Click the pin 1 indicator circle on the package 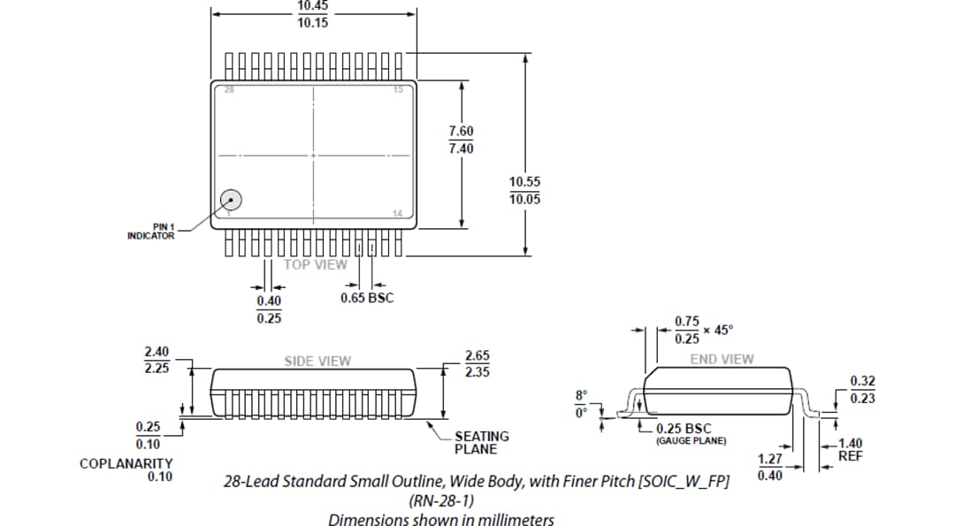click(x=231, y=201)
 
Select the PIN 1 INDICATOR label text click(x=150, y=232)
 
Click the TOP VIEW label click(x=316, y=264)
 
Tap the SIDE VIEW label click(x=317, y=361)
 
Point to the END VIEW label click(x=722, y=359)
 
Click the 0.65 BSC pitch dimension click(x=367, y=298)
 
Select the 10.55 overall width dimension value click(x=524, y=181)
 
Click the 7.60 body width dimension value click(x=461, y=131)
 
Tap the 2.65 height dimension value click(x=477, y=355)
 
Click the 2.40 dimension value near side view click(x=157, y=352)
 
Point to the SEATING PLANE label click(x=481, y=442)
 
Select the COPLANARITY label click(x=126, y=463)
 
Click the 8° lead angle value click(x=580, y=395)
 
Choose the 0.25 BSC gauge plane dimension click(x=684, y=429)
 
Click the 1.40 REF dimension click(x=850, y=450)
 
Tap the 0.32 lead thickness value click(x=862, y=381)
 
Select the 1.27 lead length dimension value click(x=770, y=459)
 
